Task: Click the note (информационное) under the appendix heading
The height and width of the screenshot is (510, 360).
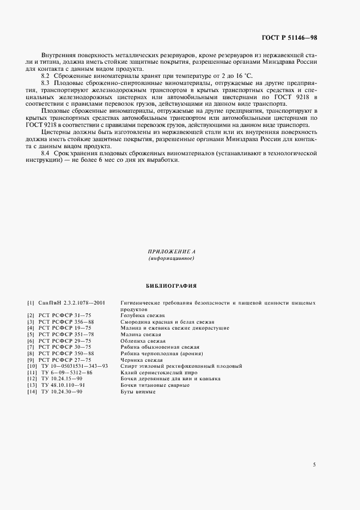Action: [171, 258]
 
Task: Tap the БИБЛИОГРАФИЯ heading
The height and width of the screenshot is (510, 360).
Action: [171, 285]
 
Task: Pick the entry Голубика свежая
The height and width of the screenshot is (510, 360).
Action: [143, 315]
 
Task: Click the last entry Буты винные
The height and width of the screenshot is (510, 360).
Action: [135, 392]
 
